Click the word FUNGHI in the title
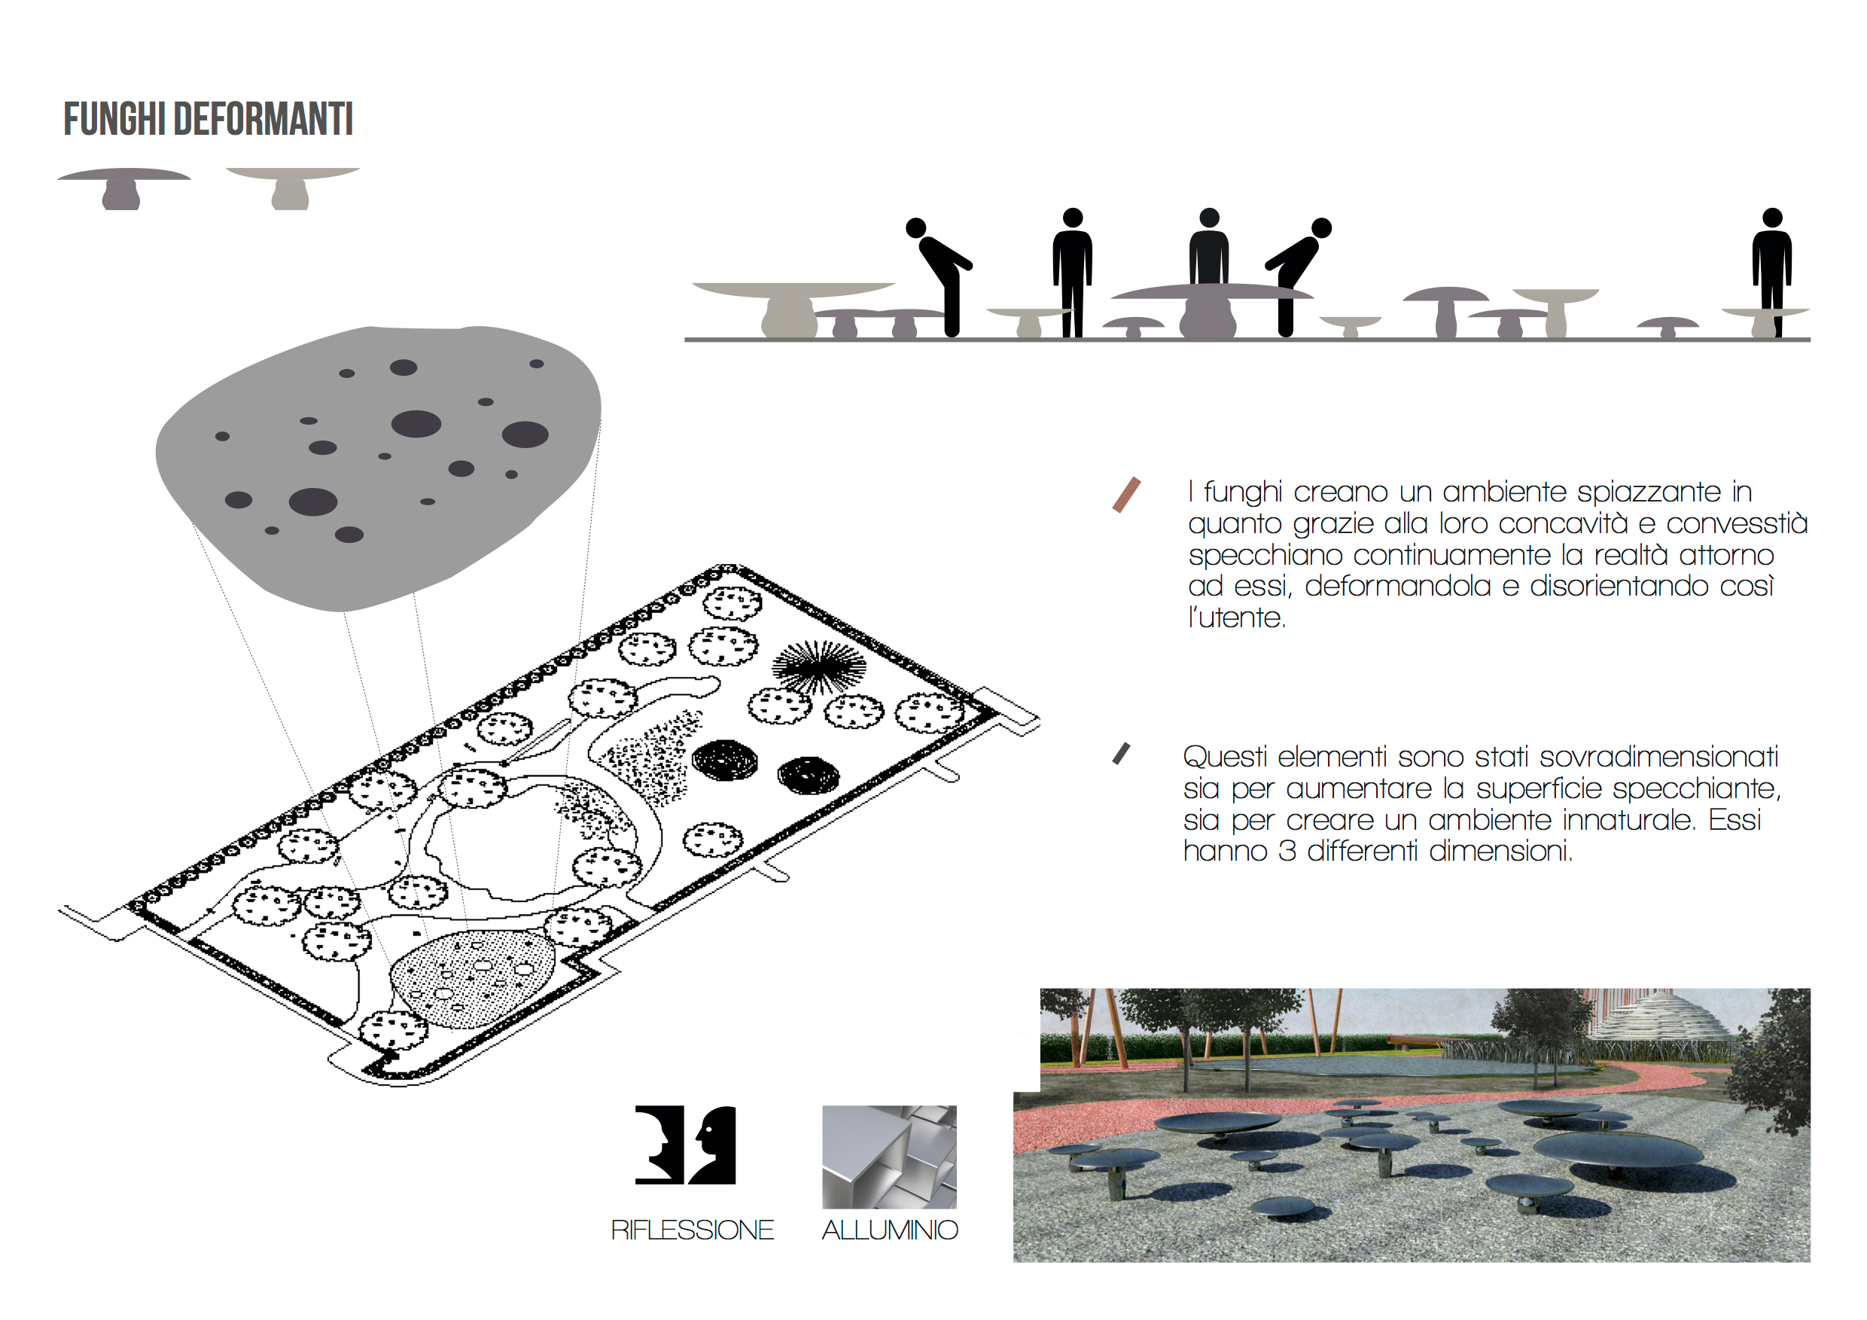point(114,120)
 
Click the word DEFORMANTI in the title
point(263,120)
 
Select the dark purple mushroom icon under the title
point(123,189)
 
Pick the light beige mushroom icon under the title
point(292,189)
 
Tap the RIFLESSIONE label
point(692,1230)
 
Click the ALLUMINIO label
point(890,1230)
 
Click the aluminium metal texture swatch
point(890,1157)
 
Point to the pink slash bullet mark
point(1126,495)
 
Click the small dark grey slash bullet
point(1122,754)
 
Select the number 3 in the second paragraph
point(1287,851)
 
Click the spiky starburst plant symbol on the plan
point(819,668)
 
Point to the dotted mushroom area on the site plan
point(474,978)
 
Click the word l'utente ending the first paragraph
point(1237,618)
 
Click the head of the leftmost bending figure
point(915,227)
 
